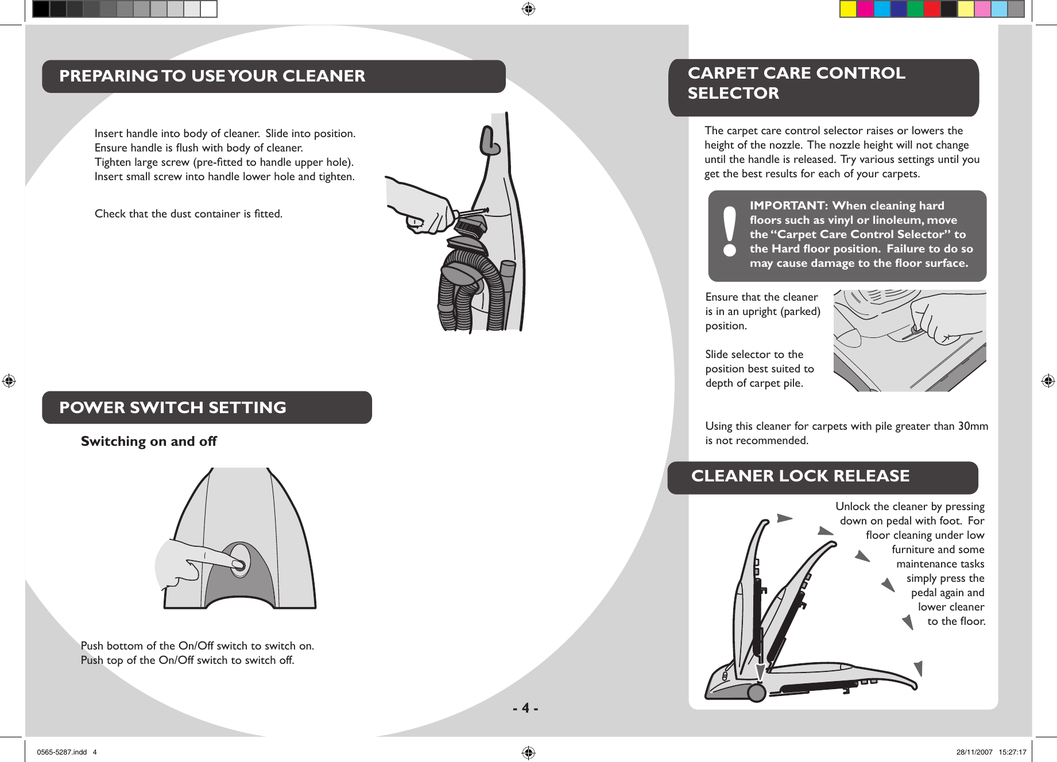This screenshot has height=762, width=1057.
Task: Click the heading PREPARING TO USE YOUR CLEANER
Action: point(212,76)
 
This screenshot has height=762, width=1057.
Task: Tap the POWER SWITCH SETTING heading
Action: point(172,407)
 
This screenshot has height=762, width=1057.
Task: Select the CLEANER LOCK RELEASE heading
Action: point(800,476)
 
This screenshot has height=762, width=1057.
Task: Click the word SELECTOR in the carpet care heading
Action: point(733,93)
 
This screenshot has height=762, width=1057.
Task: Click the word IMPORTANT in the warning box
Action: point(787,205)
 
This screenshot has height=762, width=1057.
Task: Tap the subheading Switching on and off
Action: point(149,441)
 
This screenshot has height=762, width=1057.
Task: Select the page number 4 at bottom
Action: point(525,708)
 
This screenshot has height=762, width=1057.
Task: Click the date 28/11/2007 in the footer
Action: point(974,752)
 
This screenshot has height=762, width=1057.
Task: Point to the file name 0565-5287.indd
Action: point(61,752)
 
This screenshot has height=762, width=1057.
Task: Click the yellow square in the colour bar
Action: point(848,9)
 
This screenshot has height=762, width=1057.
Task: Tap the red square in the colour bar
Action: point(932,9)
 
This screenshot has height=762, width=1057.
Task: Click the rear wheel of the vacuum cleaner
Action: point(757,693)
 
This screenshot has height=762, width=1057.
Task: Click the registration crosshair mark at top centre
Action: point(528,9)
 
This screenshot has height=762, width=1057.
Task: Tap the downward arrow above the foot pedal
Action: point(760,671)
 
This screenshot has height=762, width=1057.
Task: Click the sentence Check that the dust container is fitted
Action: point(188,213)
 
